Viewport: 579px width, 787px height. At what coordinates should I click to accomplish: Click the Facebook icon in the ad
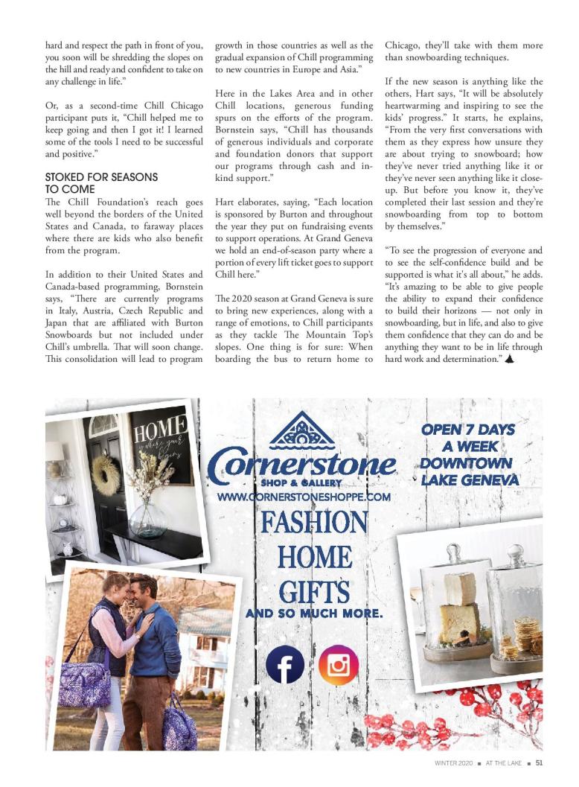pyautogui.click(x=285, y=664)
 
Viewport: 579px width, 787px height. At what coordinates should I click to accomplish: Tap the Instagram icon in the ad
pyautogui.click(x=339, y=664)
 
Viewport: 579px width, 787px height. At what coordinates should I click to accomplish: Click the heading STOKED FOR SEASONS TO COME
pyautogui.click(x=101, y=183)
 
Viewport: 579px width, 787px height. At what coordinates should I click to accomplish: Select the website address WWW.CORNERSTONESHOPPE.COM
pyautogui.click(x=304, y=497)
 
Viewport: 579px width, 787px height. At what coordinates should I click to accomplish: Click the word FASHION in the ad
pyautogui.click(x=313, y=522)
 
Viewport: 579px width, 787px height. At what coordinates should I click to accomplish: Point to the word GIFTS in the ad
pyautogui.click(x=314, y=592)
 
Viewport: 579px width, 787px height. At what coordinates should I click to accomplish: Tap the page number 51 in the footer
pyautogui.click(x=540, y=762)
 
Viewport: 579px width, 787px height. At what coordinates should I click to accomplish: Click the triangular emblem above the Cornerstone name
pyautogui.click(x=302, y=431)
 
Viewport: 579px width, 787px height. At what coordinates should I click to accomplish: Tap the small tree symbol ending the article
pyautogui.click(x=509, y=359)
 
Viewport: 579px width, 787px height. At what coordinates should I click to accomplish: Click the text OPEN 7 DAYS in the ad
pyautogui.click(x=468, y=430)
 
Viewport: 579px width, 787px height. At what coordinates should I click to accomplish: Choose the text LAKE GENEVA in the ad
pyautogui.click(x=470, y=480)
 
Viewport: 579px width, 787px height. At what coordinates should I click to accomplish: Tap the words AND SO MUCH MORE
pyautogui.click(x=314, y=614)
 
